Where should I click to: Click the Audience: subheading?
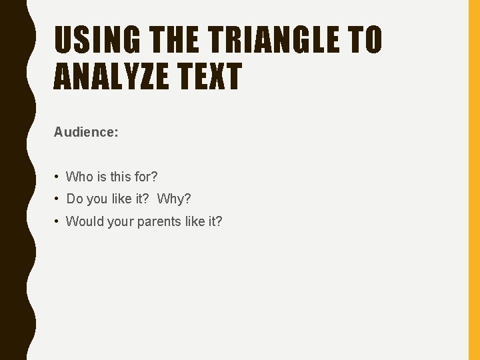pyautogui.click(x=86, y=133)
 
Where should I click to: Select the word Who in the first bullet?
pyautogui.click(x=79, y=177)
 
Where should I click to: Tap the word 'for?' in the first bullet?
pyautogui.click(x=145, y=177)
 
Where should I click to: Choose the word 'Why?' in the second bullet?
pyautogui.click(x=174, y=199)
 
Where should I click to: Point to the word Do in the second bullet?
pyautogui.click(x=74, y=199)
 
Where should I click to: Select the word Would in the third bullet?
pyautogui.click(x=84, y=221)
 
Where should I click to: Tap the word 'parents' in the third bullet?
pyautogui.click(x=157, y=221)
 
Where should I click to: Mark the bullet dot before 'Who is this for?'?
pyautogui.click(x=59, y=177)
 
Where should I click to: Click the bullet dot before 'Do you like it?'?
pyautogui.click(x=59, y=199)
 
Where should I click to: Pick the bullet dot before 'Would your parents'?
pyautogui.click(x=59, y=221)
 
